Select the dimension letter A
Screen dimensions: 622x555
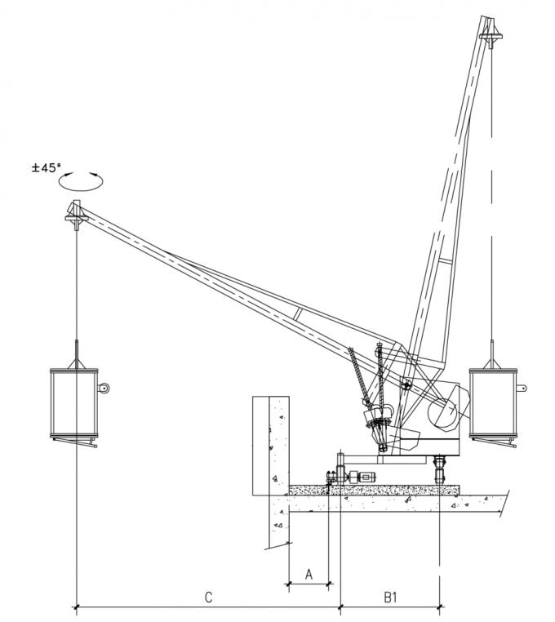click(x=309, y=574)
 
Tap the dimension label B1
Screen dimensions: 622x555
click(x=391, y=597)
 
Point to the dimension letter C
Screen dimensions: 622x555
click(x=208, y=597)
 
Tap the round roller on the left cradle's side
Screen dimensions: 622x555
click(x=103, y=389)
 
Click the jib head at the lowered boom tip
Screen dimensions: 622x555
click(x=74, y=216)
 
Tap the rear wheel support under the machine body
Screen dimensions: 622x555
click(x=442, y=470)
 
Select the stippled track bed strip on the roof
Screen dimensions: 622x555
click(x=375, y=491)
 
